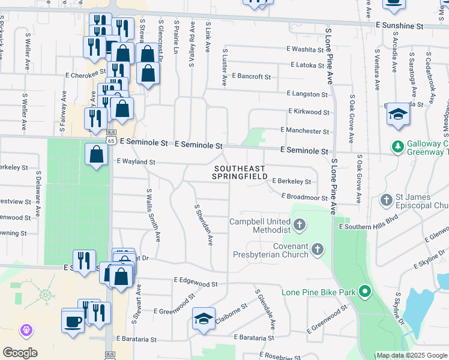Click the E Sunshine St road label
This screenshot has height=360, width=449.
point(399,26)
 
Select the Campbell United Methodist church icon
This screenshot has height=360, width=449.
point(300,226)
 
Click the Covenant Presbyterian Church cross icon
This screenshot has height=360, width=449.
point(318,248)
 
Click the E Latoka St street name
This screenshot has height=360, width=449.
point(310,64)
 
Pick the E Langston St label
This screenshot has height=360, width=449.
point(307,94)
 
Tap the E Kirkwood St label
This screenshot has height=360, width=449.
point(309,112)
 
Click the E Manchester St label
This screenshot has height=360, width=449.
point(305,131)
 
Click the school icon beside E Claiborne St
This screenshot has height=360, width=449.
point(203,318)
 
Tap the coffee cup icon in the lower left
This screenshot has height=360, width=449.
point(73,320)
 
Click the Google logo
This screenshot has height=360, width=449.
point(20,353)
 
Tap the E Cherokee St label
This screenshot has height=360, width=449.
point(82,76)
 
